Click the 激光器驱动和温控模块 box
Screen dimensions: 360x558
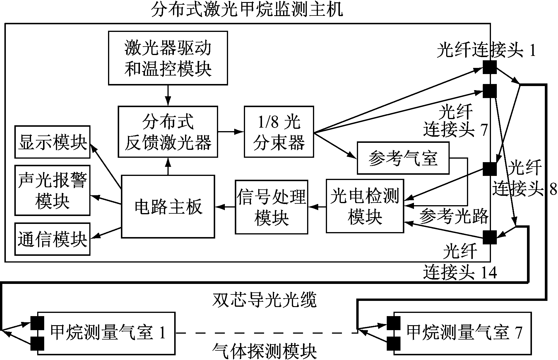click(x=168, y=58)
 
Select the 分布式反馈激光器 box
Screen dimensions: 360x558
click(x=168, y=132)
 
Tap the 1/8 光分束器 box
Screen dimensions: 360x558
click(x=279, y=132)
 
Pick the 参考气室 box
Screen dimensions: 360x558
click(x=403, y=158)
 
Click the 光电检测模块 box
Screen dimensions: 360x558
click(x=365, y=206)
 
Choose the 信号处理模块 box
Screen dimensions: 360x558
click(x=271, y=207)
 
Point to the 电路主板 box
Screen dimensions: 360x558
click(x=168, y=206)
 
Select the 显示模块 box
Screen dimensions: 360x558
click(x=52, y=142)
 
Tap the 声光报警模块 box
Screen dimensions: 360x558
click(x=52, y=190)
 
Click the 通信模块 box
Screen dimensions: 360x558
click(x=52, y=239)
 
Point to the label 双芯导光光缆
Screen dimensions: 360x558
click(x=264, y=300)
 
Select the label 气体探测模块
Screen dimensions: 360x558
click(x=264, y=351)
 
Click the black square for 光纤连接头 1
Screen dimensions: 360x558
click(x=489, y=67)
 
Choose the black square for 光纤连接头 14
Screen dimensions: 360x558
click(x=489, y=237)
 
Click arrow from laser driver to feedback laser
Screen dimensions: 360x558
click(x=168, y=95)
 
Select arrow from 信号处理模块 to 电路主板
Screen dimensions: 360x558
click(x=225, y=207)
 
